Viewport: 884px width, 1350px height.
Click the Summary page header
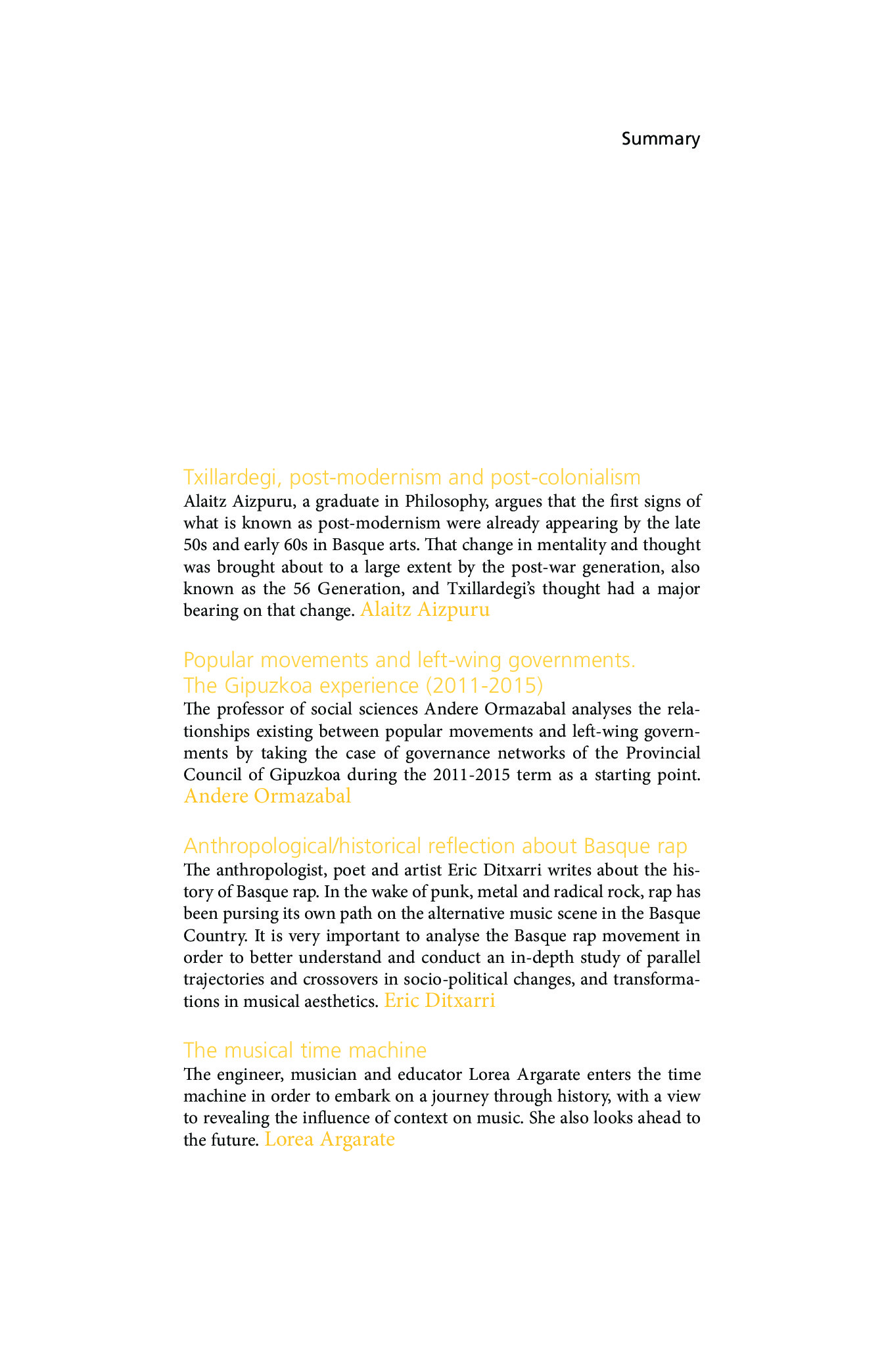[661, 139]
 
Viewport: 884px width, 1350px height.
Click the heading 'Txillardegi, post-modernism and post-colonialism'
[412, 477]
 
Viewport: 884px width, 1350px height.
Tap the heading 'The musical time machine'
[305, 1050]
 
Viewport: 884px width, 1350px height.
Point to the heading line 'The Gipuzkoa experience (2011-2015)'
[363, 686]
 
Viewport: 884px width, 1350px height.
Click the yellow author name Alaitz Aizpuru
[425, 610]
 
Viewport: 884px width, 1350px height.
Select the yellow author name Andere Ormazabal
[268, 796]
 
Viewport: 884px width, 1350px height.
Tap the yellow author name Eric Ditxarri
[440, 1001]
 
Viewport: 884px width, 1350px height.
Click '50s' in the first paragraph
[195, 545]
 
